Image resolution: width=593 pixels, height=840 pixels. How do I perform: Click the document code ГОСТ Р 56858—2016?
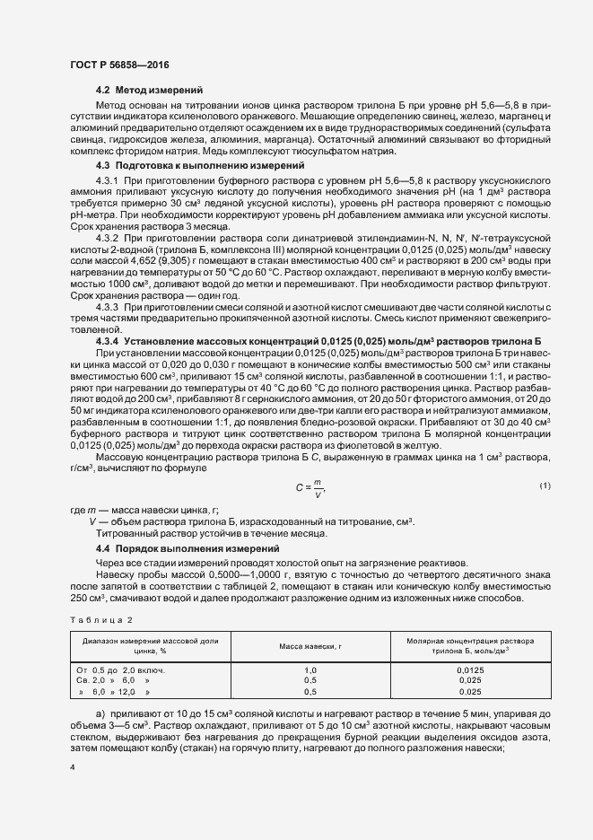point(119,65)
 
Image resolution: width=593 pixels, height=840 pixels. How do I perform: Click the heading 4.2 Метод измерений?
point(149,91)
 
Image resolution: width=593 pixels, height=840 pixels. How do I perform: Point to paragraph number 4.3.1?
point(108,181)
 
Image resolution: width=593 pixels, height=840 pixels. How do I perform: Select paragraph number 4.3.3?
point(108,333)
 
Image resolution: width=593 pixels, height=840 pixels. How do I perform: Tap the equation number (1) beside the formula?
point(545,486)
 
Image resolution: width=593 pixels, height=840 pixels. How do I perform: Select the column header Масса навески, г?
point(310,646)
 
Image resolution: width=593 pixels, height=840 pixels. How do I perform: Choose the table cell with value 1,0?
point(310,670)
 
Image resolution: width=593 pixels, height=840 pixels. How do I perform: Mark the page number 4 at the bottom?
point(72,766)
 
